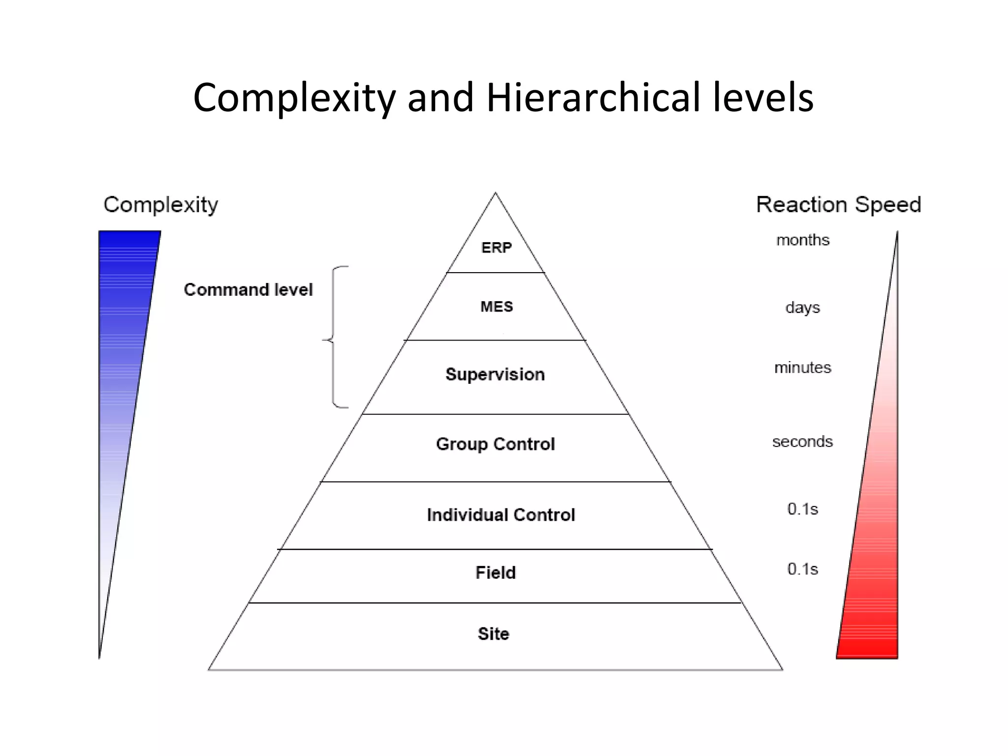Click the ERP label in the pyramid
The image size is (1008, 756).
pyautogui.click(x=496, y=248)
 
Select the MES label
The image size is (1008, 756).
pyautogui.click(x=496, y=307)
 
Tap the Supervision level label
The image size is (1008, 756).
pyautogui.click(x=495, y=375)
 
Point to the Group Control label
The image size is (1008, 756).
pyautogui.click(x=495, y=444)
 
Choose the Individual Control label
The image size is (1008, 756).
pyautogui.click(x=501, y=515)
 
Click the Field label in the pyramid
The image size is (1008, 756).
pyautogui.click(x=495, y=572)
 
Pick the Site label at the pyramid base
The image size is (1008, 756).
pyautogui.click(x=493, y=633)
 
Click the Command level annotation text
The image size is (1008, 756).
pyautogui.click(x=248, y=289)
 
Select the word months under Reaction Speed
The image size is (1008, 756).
pyautogui.click(x=803, y=240)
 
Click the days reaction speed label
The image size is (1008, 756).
pyautogui.click(x=803, y=308)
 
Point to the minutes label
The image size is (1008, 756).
pyautogui.click(x=803, y=368)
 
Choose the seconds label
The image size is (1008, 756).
pyautogui.click(x=803, y=441)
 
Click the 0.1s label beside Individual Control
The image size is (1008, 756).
pyautogui.click(x=803, y=508)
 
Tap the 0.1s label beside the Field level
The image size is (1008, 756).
pyautogui.click(x=803, y=568)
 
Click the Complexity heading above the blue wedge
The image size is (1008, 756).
pyautogui.click(x=160, y=205)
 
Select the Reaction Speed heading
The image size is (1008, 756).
pyautogui.click(x=838, y=204)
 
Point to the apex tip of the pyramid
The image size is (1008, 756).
pyautogui.click(x=496, y=193)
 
